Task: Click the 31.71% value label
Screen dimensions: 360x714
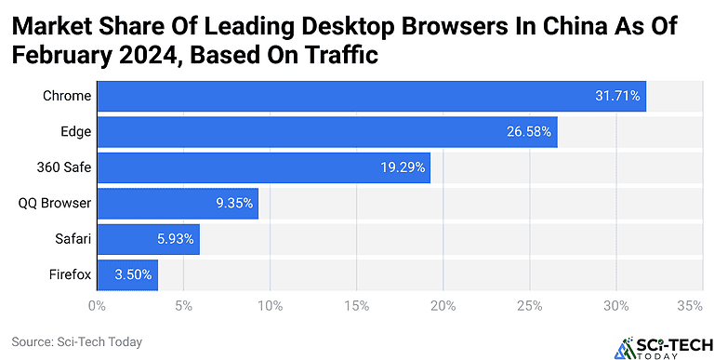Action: (617, 96)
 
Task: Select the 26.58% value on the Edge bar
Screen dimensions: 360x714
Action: (528, 131)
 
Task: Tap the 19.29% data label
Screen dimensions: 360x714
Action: (402, 167)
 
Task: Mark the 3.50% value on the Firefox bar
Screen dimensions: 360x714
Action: (131, 274)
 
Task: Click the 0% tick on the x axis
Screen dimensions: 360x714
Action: (97, 305)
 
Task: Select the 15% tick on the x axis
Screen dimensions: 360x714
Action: (356, 305)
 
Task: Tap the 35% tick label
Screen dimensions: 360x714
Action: (689, 305)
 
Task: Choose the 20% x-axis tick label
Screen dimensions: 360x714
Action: (443, 305)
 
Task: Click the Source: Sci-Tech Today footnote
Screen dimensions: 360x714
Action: (77, 341)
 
